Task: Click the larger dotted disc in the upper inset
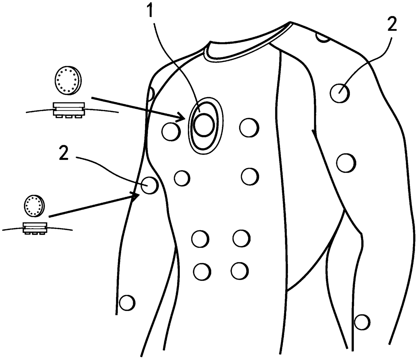pos(68,80)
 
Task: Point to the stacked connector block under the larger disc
pos(69,110)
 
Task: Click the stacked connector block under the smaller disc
pos(34,228)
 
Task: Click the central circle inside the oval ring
pos(203,124)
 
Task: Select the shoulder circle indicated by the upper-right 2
pos(339,93)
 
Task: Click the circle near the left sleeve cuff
pos(127,302)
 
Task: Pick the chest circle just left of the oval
pos(171,132)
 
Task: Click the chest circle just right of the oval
pos(249,128)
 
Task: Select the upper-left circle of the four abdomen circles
pos(200,239)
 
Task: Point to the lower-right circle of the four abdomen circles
pos(240,269)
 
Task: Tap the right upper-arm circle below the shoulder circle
pos(346,163)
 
